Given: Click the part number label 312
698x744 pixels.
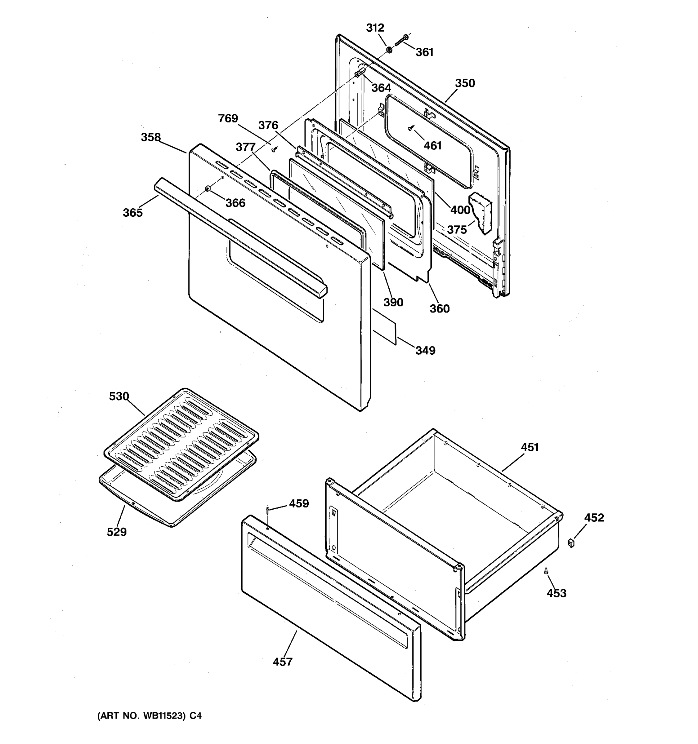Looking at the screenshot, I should tap(375, 28).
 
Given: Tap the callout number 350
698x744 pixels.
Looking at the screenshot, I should tap(465, 83).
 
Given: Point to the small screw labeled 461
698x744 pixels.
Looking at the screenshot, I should tap(411, 128).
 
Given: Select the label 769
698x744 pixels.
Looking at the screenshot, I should tap(228, 119).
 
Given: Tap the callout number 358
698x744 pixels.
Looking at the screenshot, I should tap(150, 137).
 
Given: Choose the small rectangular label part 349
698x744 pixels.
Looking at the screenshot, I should tap(384, 326).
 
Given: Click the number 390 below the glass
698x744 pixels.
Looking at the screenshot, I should tap(393, 302).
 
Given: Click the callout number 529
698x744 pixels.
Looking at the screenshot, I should tap(116, 532).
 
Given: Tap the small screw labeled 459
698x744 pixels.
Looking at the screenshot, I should tap(267, 510).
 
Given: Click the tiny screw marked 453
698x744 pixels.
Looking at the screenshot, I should tap(546, 571).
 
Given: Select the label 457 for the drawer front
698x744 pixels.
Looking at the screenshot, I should tap(282, 662).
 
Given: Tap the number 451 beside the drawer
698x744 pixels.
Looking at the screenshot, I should tap(530, 447).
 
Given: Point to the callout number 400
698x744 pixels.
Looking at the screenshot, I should tap(460, 210).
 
